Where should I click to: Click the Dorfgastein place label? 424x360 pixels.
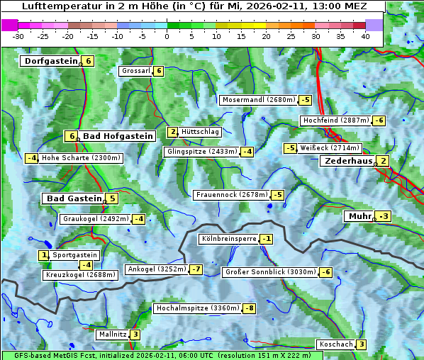coord(50,61)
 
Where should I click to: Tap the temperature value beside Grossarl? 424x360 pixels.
coord(159,71)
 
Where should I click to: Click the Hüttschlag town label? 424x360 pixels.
coord(201,132)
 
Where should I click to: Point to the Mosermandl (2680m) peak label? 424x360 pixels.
coord(258,100)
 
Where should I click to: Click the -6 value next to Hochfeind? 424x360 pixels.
coord(379,120)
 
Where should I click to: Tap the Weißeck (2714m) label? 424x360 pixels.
coord(330,148)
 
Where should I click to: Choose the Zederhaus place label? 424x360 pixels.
coord(347,162)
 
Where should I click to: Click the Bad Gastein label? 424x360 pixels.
coord(74,198)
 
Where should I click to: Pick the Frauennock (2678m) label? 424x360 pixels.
coord(232,195)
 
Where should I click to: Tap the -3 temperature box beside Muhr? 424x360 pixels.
coord(384,216)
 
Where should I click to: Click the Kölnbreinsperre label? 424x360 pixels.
coord(228,239)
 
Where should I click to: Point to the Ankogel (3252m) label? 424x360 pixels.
coord(156,269)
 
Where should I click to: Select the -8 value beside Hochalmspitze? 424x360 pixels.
coord(249,308)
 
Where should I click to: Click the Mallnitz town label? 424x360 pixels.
coord(112,334)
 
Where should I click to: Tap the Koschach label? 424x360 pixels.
coord(335,344)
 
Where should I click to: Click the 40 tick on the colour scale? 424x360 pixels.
coord(365,36)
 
